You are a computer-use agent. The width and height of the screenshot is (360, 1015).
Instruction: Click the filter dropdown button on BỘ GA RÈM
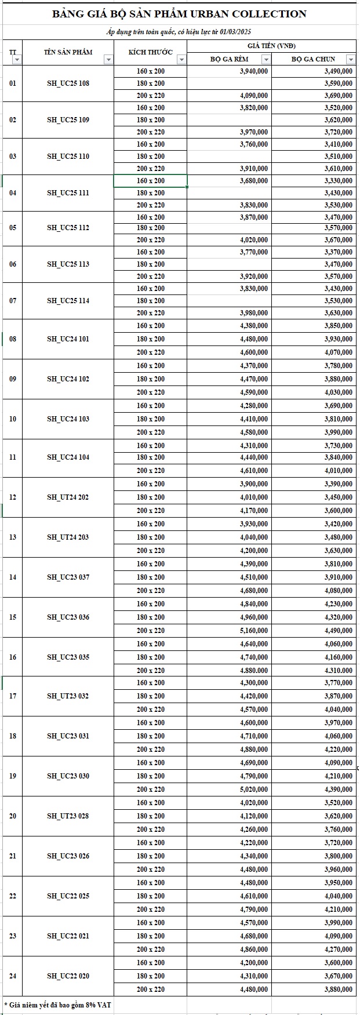pos(266,59)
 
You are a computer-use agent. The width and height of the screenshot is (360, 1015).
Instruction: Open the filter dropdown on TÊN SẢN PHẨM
pos(108,59)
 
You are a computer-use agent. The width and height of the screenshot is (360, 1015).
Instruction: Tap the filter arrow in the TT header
pos(17,59)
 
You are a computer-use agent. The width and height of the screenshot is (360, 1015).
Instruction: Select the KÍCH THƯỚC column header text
pos(151,52)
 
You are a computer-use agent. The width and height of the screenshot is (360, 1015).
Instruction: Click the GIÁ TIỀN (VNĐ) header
pos(271,46)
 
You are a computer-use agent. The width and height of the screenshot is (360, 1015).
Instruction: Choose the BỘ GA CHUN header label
pos(313,59)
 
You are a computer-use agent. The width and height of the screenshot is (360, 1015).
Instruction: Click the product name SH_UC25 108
pos(68,83)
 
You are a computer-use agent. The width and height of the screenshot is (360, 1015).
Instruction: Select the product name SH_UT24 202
pos(68,497)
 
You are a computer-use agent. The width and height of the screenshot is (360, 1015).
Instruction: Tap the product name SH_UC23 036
pos(68,617)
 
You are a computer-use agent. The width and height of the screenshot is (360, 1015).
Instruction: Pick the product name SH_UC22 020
pos(68,976)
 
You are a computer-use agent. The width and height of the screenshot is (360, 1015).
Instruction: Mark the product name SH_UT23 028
pos(68,816)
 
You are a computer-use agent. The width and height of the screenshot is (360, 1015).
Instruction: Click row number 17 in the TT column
pos(13,696)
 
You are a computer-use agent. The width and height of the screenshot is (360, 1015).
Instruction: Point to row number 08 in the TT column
pos(13,339)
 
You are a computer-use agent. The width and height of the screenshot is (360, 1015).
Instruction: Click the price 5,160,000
pos(254,631)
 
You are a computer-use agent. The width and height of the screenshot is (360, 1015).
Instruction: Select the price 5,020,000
pos(254,790)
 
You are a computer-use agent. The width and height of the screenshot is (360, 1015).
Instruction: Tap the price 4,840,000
pos(254,604)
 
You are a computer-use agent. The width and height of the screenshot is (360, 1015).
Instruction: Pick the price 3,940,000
pos(254,71)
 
